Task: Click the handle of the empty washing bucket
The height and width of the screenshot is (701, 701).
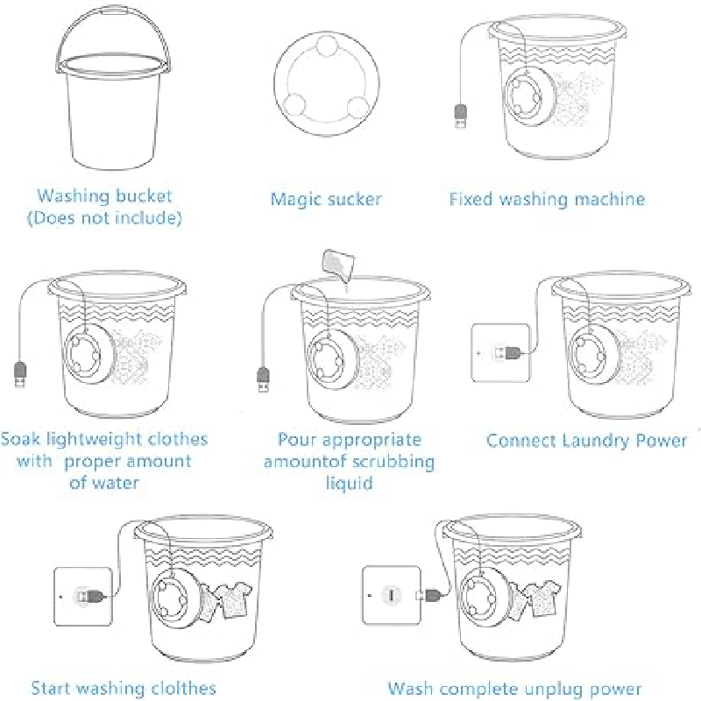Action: click(112, 10)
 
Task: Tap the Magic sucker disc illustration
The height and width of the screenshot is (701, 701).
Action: click(326, 83)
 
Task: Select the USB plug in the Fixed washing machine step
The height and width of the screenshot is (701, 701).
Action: click(461, 116)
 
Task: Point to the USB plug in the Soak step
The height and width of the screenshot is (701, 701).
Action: click(20, 374)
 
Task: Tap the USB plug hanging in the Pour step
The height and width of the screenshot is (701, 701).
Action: click(264, 379)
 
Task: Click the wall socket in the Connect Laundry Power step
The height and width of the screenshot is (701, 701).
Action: click(500, 353)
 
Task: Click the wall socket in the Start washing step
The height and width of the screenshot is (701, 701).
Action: click(82, 597)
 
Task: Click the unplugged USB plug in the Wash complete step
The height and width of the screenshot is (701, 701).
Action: click(429, 595)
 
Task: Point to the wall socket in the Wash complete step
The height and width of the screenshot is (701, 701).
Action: click(392, 595)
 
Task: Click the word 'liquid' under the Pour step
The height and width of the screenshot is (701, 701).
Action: click(349, 484)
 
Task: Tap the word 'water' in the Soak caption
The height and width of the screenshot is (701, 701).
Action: click(117, 483)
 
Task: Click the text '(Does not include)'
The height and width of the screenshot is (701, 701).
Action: click(104, 218)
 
